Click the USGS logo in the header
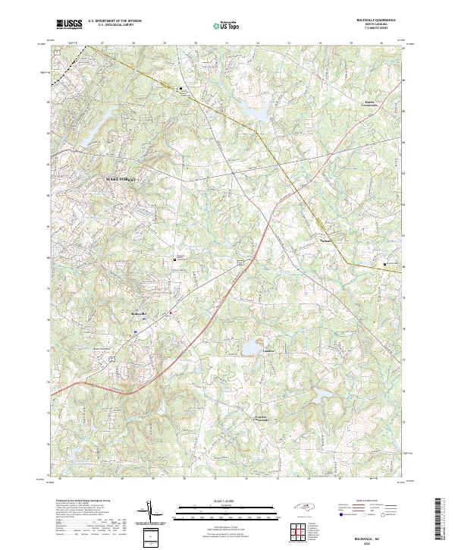tap(69, 24)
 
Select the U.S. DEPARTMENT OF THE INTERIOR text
tap(115, 21)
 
